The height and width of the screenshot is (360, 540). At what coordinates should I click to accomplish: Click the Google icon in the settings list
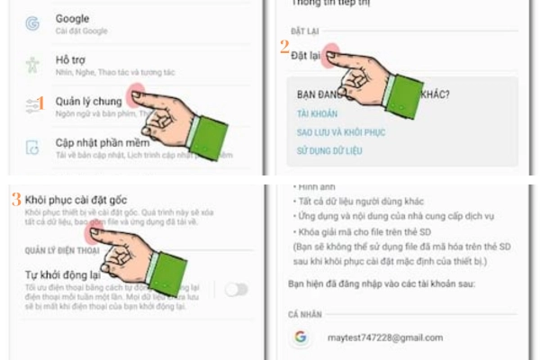tap(32, 22)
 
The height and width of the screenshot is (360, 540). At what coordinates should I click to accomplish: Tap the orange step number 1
tap(41, 104)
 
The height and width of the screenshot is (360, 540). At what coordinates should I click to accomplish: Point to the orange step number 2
tap(284, 45)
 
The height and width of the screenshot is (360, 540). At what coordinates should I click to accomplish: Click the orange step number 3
tap(16, 198)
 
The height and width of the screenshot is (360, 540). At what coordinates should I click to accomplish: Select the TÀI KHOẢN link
tap(319, 113)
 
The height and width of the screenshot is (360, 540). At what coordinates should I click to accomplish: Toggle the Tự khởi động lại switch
tap(236, 289)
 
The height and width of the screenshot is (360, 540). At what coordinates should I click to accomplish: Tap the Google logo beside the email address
tap(300, 337)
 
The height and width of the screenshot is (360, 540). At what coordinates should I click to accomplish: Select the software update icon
tap(32, 148)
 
